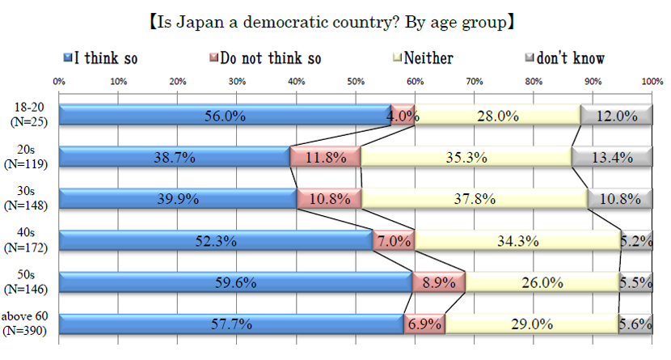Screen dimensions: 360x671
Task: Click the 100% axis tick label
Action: point(652,82)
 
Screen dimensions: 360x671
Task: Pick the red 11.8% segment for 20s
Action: point(325,157)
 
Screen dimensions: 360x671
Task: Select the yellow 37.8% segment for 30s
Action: point(475,199)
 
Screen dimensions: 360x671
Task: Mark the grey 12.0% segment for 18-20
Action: point(616,115)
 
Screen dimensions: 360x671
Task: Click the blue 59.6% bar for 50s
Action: point(236,282)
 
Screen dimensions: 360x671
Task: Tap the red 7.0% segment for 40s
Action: point(393,241)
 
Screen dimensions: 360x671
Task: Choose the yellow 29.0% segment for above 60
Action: point(530,324)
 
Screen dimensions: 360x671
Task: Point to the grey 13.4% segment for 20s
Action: point(611,157)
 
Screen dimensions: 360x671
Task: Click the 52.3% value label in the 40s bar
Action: point(216,241)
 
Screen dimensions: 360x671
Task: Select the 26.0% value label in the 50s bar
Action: point(541,282)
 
